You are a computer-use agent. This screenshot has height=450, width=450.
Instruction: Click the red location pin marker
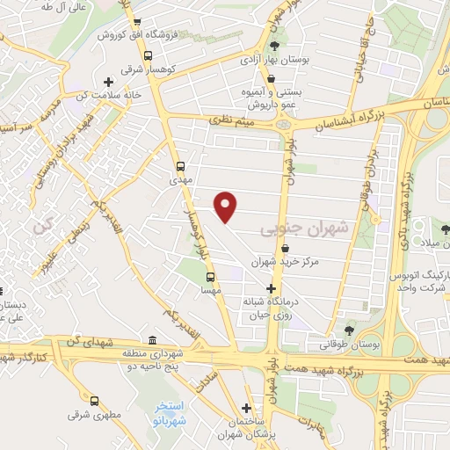click(227, 207)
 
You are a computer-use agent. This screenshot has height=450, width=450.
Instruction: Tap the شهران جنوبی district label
click(304, 229)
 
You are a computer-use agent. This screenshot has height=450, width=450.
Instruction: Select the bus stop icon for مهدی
click(181, 165)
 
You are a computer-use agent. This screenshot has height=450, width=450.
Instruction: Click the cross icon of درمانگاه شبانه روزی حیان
click(272, 288)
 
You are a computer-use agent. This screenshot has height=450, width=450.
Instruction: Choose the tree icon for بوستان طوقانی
click(350, 330)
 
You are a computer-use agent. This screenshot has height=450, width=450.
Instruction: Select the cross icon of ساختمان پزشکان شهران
click(247, 408)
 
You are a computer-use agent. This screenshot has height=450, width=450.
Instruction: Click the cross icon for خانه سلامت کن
click(108, 83)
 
